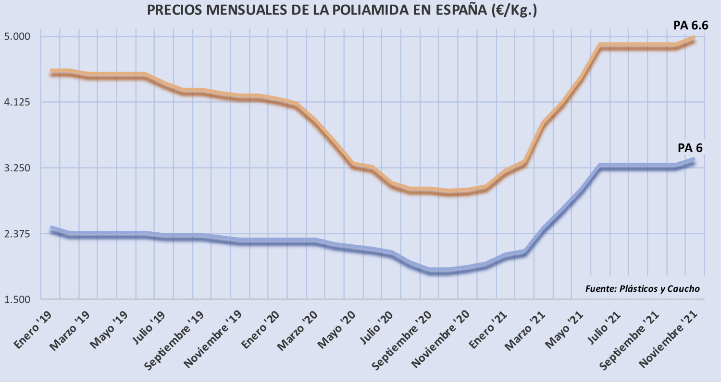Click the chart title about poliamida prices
point(342,11)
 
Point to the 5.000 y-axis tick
point(18,37)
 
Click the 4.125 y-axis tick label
point(18,102)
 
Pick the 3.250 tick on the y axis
point(18,168)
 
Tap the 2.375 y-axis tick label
point(18,234)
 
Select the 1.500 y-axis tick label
point(18,299)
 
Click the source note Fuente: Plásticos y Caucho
point(642,288)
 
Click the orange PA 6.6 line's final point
point(694,38)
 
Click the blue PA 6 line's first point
point(51,228)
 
